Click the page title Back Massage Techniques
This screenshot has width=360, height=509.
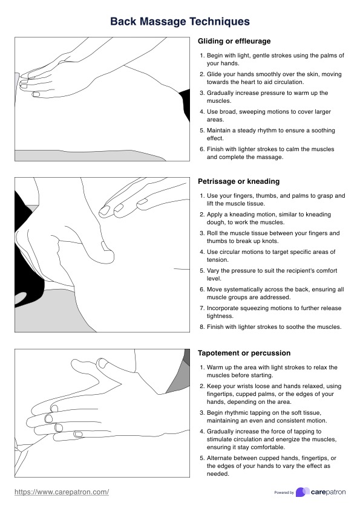point(180,21)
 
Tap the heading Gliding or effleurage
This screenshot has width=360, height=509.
point(234,41)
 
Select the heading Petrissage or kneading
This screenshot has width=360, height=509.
point(239,181)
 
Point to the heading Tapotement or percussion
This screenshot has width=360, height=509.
point(244,353)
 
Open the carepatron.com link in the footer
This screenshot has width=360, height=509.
point(62,492)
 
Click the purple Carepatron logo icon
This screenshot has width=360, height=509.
point(303,492)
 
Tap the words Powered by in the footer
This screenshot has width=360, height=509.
point(284,493)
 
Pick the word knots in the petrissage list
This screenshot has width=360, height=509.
point(270,241)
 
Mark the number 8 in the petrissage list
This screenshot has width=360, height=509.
point(201,327)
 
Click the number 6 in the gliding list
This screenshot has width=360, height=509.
point(201,149)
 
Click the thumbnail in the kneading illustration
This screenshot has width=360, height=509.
point(105,247)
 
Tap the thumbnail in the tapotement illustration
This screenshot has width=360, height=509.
point(103,363)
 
